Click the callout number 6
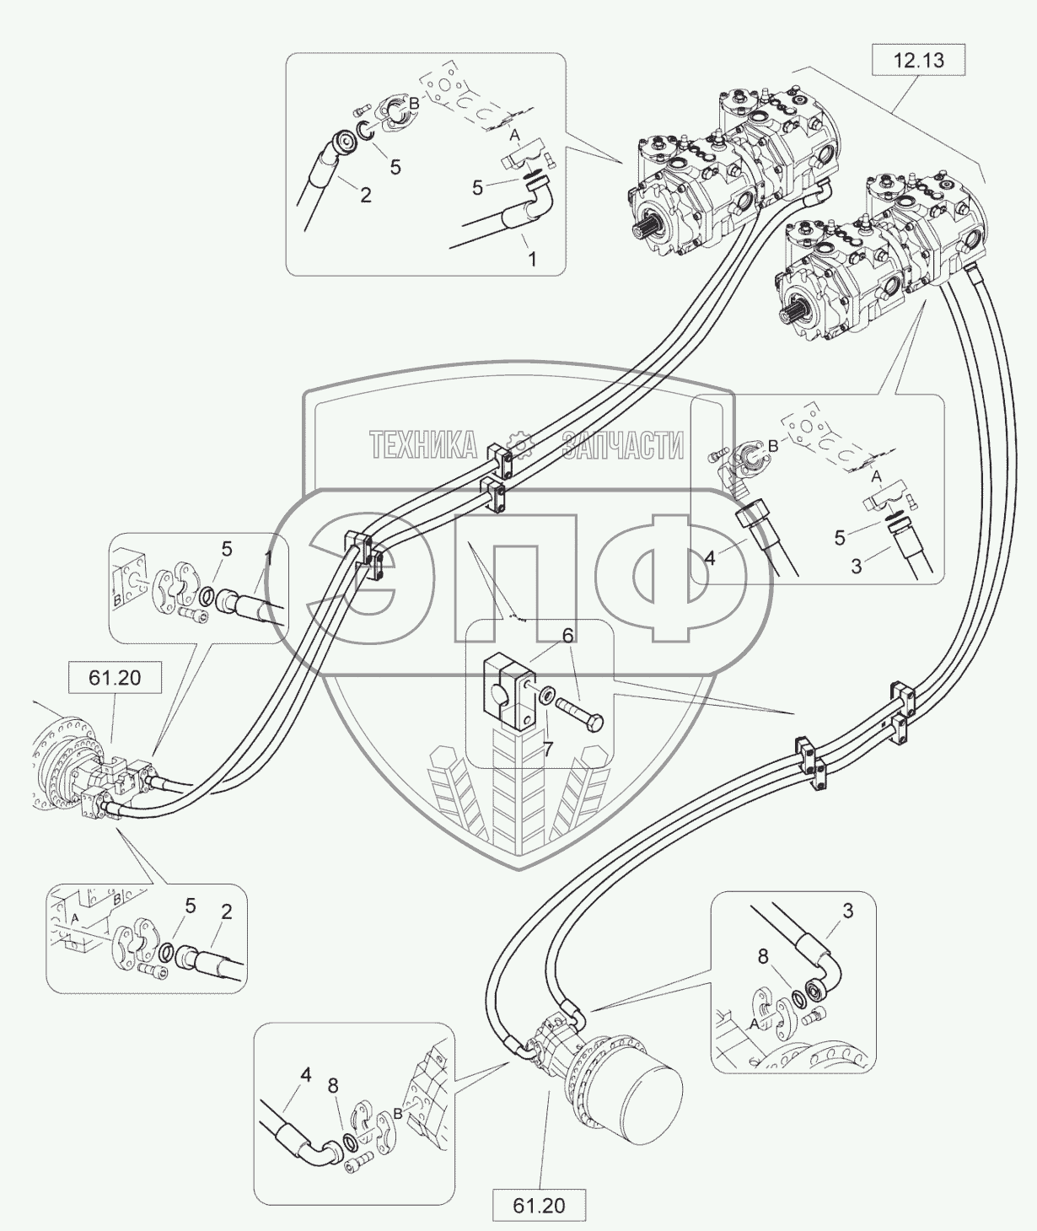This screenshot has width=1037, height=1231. click(x=567, y=636)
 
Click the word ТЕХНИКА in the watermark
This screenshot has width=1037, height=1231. click(x=422, y=444)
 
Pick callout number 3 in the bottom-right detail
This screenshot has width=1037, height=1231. click(x=847, y=911)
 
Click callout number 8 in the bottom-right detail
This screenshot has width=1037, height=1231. click(x=763, y=958)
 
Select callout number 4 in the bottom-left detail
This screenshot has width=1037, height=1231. click(x=306, y=1075)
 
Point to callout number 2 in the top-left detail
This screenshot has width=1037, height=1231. click(x=365, y=195)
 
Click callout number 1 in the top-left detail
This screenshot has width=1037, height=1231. click(x=531, y=260)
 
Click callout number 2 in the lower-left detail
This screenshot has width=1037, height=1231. click(x=226, y=912)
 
